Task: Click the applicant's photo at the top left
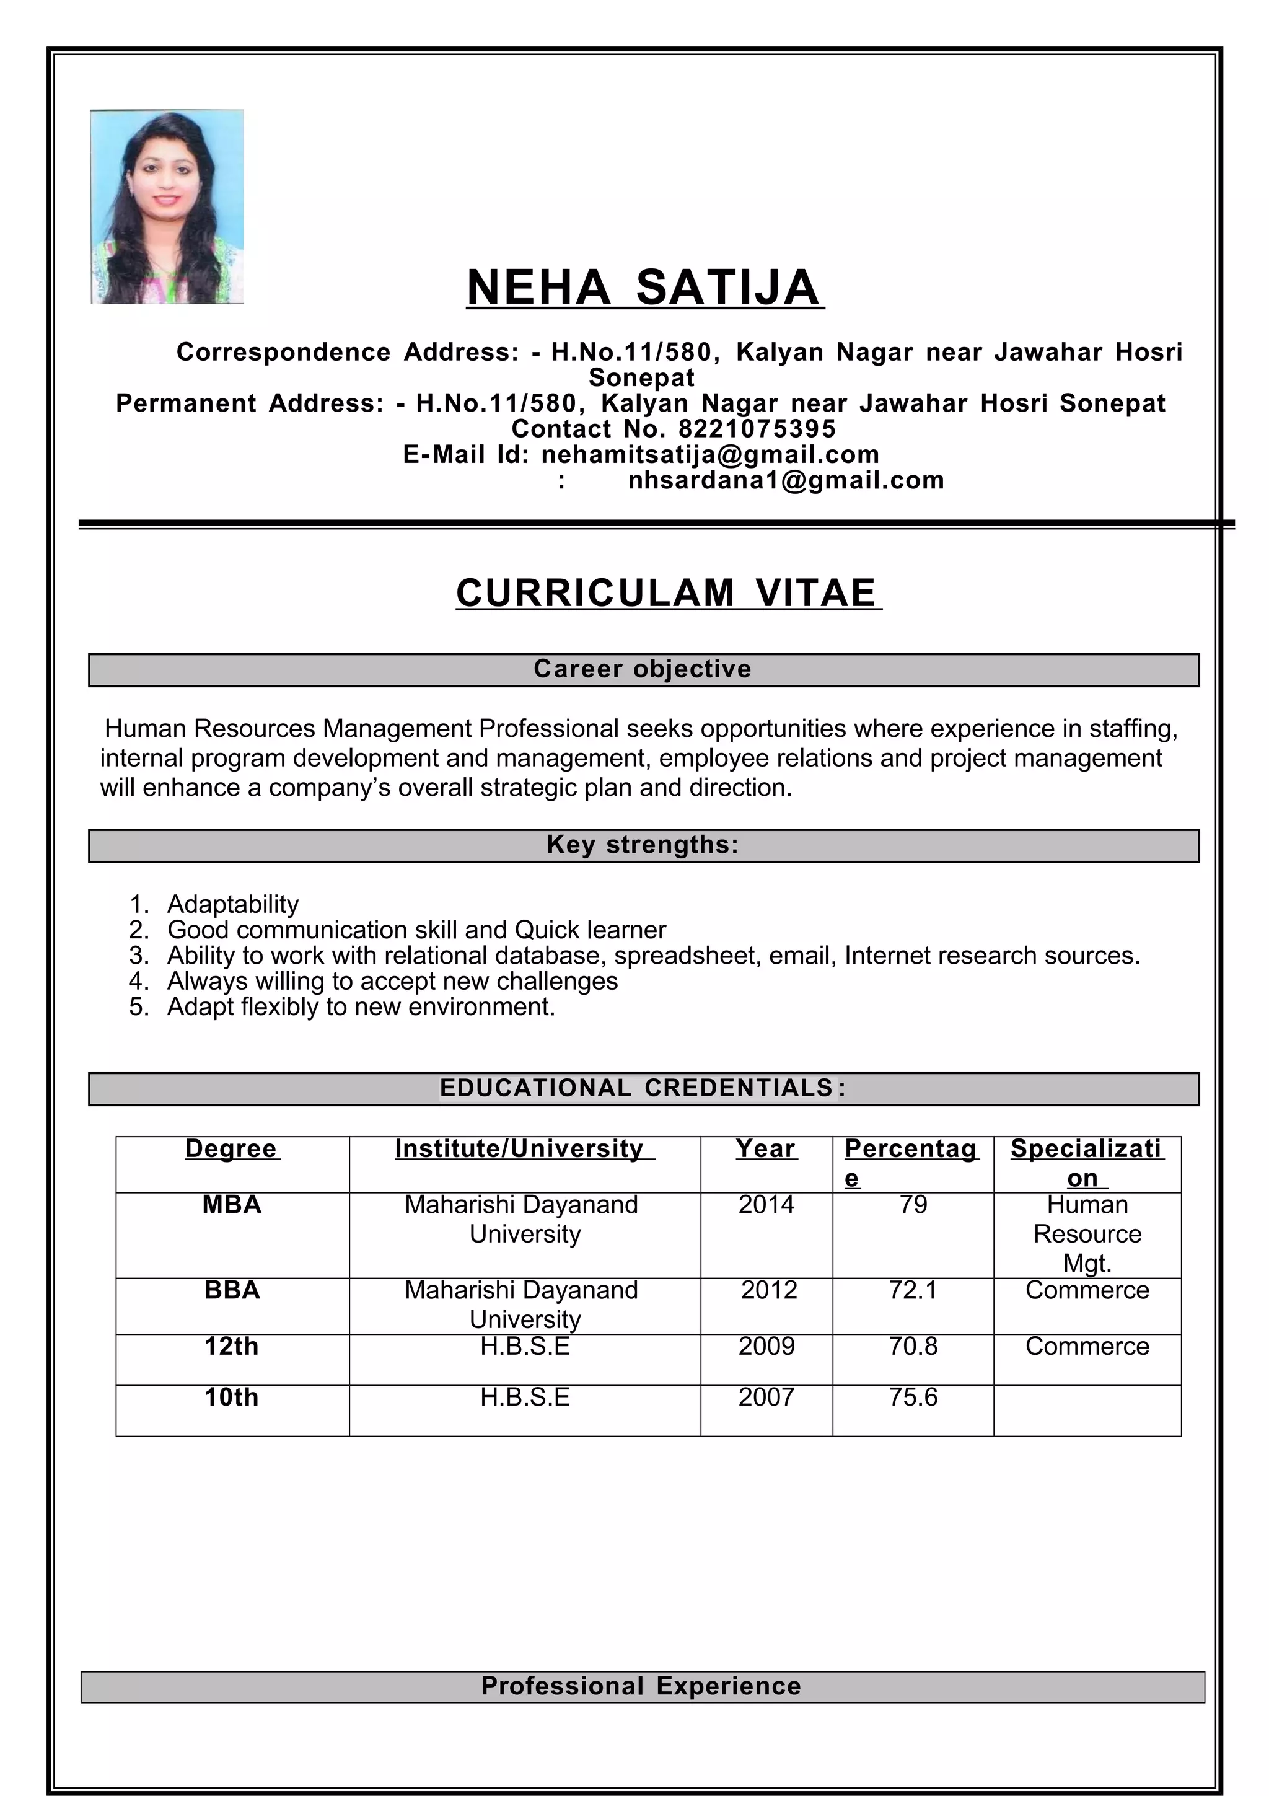167,206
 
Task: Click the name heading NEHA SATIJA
644,287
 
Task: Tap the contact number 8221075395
756,429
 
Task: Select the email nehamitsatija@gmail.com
710,454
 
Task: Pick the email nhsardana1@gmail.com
786,480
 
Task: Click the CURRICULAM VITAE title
668,593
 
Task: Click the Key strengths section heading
643,845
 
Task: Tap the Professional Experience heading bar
641,1686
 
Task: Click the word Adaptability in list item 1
232,904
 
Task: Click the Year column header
765,1148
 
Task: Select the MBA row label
232,1205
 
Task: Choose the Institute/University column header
524,1148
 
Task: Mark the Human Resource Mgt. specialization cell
1087,1233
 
